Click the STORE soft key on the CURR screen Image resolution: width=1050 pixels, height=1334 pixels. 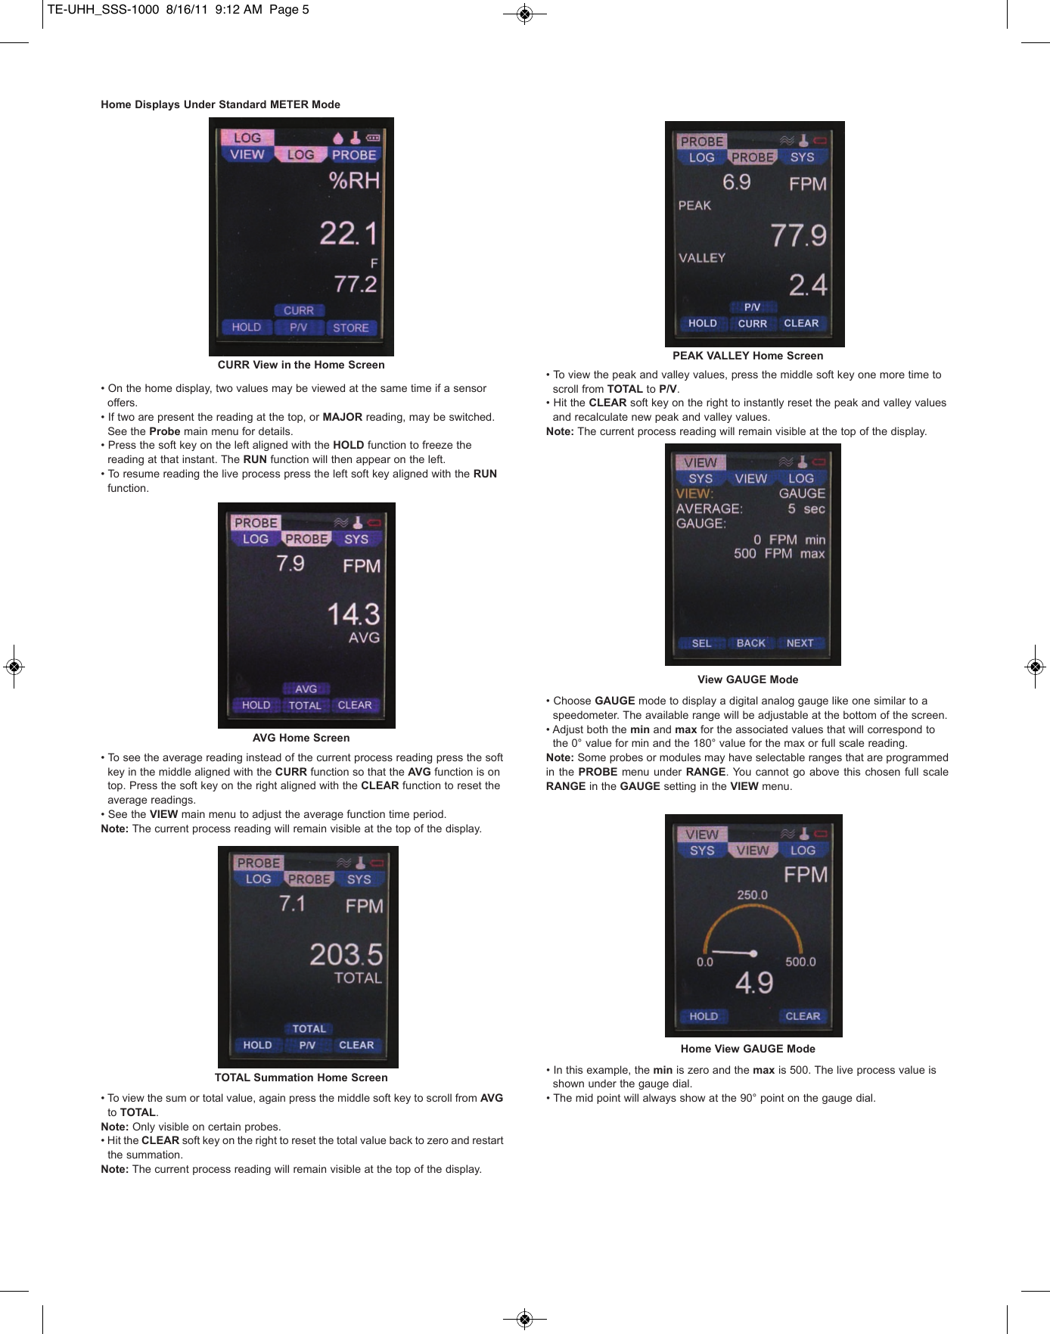pos(351,328)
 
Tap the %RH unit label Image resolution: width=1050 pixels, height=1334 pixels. pos(354,181)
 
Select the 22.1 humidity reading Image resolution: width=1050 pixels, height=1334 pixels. pos(347,233)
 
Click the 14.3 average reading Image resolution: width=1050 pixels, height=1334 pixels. pos(353,614)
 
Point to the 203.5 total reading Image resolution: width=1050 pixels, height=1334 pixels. pos(346,954)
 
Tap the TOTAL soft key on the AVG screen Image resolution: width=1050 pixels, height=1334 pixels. pos(305,705)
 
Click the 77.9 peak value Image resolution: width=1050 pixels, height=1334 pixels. pos(798,235)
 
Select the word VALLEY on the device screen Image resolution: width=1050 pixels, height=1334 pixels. pos(701,258)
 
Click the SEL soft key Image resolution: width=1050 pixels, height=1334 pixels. pos(701,643)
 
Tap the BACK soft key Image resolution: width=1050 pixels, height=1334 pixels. pos(751,643)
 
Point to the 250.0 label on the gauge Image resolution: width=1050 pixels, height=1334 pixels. pos(752,894)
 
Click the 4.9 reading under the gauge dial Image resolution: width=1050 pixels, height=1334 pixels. pos(754,983)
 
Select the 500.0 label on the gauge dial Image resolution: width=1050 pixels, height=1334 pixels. pos(800,962)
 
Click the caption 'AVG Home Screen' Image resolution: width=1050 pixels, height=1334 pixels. pos(301,738)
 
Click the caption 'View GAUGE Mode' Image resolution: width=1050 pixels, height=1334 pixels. pos(747,679)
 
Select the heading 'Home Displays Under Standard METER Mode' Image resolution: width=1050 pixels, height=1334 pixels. pos(220,104)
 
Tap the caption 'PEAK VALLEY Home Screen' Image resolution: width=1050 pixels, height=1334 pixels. pos(747,356)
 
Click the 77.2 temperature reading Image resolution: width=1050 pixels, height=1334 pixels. pos(356,284)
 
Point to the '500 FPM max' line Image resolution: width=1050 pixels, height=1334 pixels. pos(778,554)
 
